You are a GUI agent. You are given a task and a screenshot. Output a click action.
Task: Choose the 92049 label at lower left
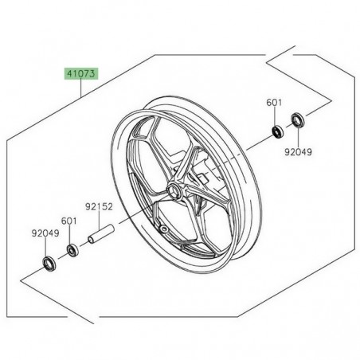45,234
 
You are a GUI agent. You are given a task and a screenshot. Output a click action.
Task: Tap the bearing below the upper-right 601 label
276,130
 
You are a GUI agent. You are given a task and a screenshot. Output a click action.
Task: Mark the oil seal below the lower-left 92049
49,262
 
